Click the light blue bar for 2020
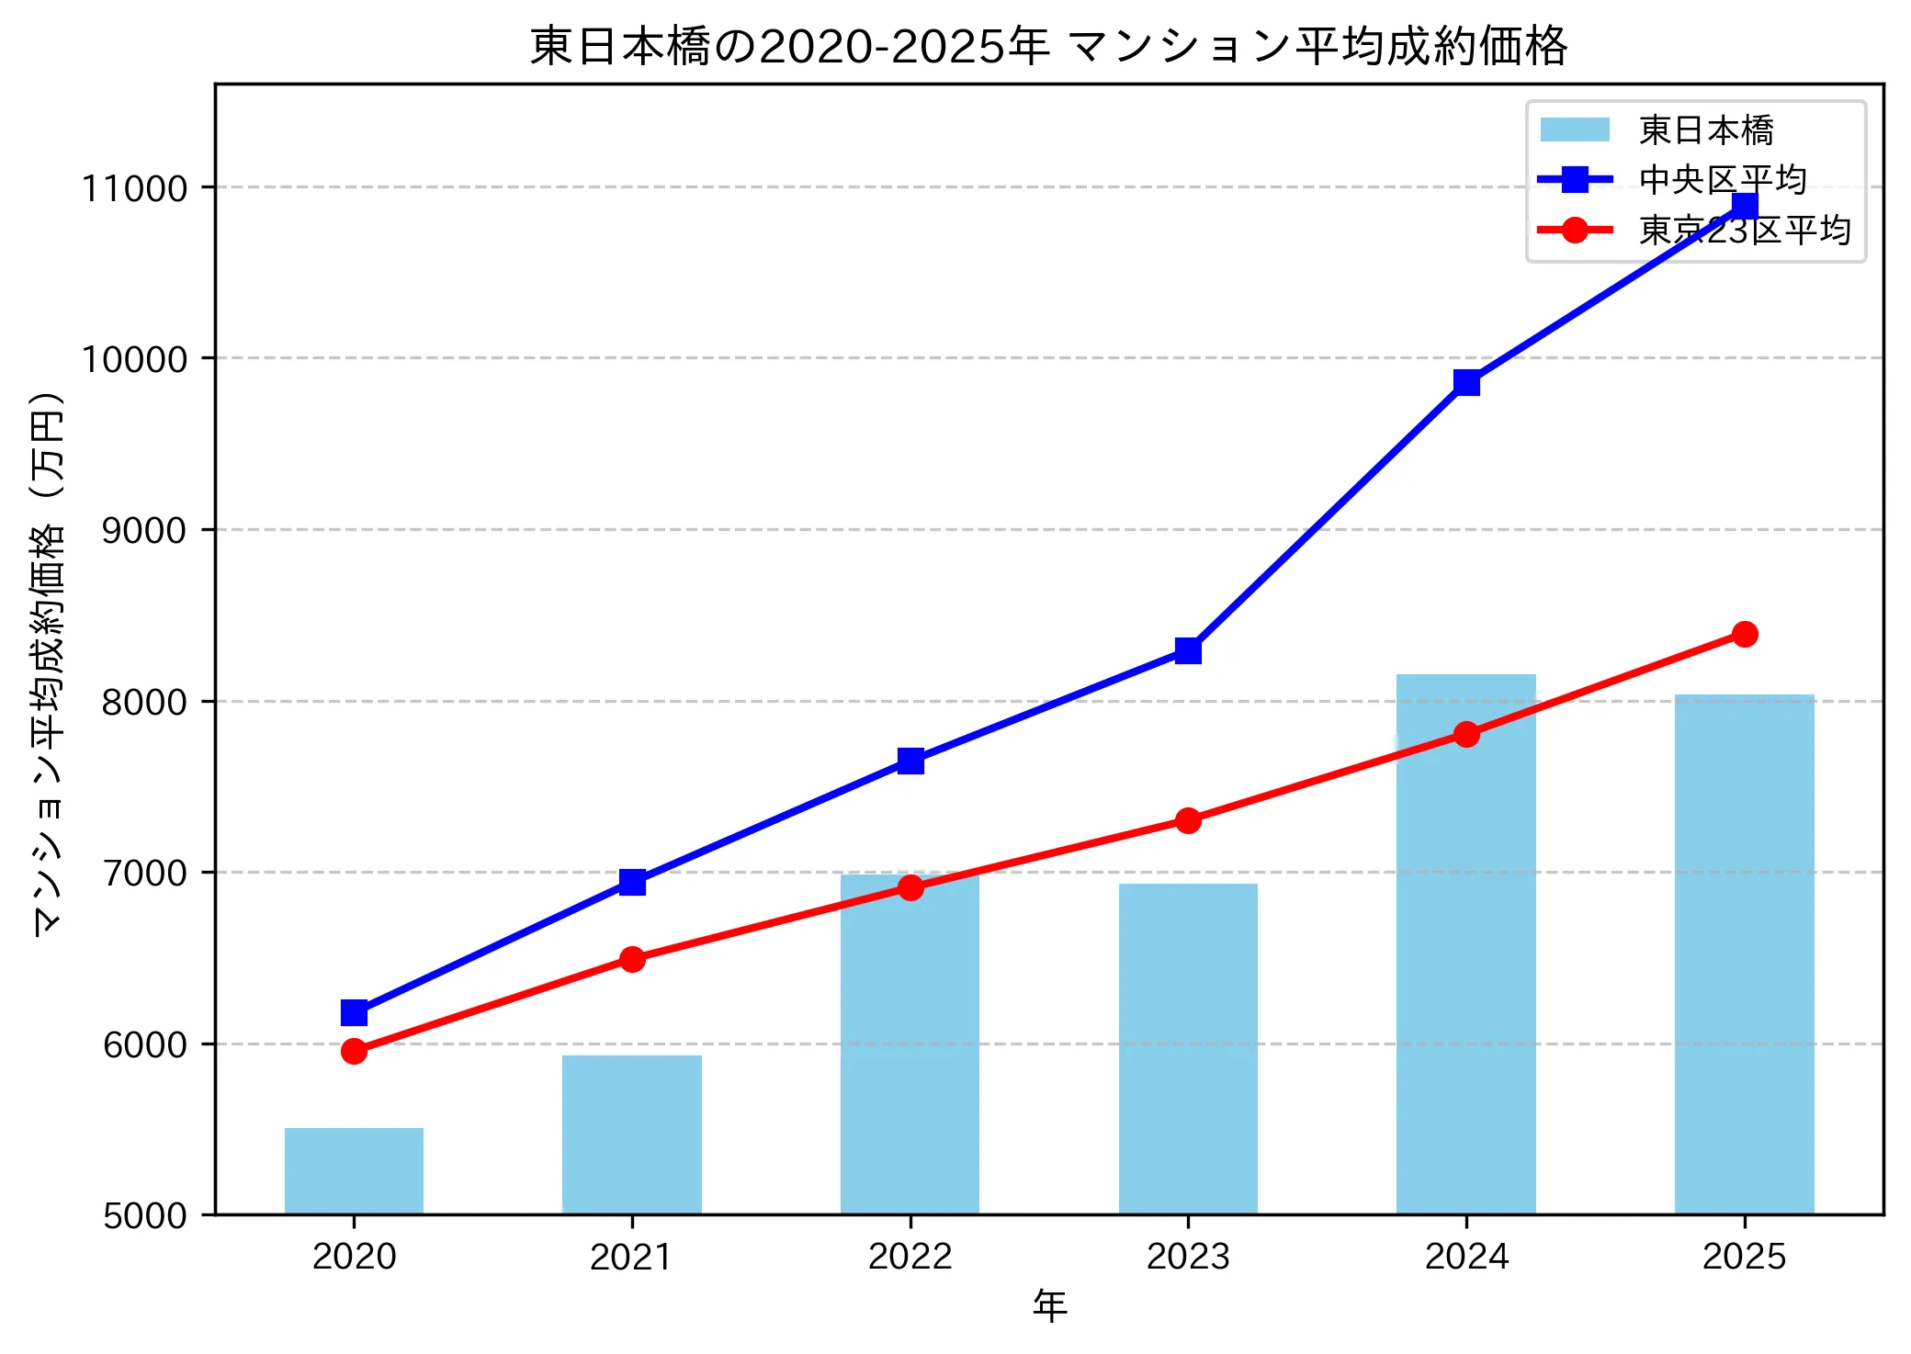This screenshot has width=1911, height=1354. point(354,1171)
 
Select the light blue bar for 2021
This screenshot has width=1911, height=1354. point(632,1135)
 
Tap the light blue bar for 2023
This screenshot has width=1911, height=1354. point(1188,1049)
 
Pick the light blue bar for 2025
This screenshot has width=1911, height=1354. point(1744,955)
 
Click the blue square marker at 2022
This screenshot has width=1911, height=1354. point(910,761)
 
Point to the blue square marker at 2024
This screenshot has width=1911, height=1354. point(1466,382)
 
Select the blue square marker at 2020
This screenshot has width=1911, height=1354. point(354,1012)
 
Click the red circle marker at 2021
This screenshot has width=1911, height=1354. point(632,959)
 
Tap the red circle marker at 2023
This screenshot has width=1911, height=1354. point(1188,820)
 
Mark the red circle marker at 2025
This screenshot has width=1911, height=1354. point(1745,634)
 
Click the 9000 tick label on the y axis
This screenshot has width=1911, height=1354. point(143,530)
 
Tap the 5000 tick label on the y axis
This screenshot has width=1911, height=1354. point(143,1215)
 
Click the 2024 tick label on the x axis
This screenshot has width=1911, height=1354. point(1466,1257)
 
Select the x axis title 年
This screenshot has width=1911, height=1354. point(1049,1305)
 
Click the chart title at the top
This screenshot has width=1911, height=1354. point(1048,46)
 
